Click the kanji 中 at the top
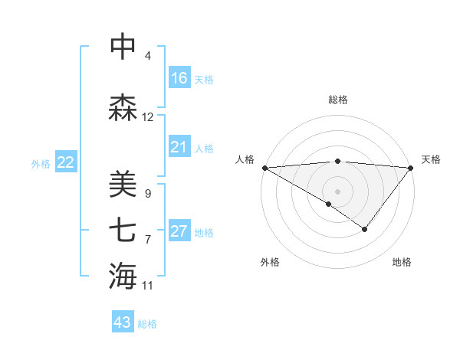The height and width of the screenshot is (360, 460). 123,47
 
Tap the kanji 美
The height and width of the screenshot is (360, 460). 123,185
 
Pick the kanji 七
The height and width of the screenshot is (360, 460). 123,230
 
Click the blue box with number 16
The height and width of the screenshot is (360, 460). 179,78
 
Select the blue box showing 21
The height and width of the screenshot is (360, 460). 179,147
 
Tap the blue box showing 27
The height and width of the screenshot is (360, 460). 179,231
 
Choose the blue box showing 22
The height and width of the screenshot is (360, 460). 65,162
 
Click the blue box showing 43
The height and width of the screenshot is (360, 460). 123,322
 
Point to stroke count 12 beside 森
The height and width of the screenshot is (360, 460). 148,117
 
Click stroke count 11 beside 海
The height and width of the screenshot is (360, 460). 148,286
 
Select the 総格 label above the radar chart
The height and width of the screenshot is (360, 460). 337,100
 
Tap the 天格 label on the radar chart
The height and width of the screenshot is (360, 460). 431,159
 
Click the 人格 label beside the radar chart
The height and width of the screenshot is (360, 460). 245,159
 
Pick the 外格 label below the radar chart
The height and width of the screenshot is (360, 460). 270,262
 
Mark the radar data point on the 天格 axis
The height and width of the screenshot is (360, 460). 411,167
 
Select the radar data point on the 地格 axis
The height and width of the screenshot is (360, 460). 365,229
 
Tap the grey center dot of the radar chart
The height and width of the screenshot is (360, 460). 337,191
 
